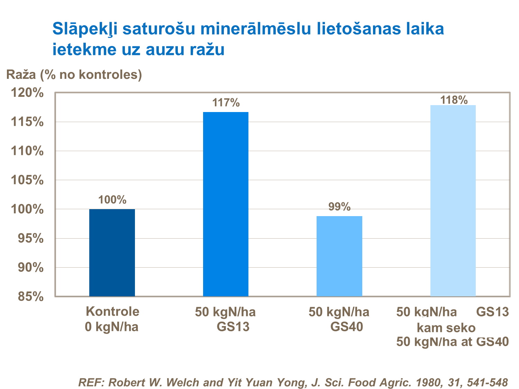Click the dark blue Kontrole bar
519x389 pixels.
click(112, 252)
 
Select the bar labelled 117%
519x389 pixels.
click(226, 204)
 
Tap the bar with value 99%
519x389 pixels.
click(339, 256)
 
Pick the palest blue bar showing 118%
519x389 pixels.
click(453, 201)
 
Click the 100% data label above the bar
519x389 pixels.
click(112, 200)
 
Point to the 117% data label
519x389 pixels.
click(226, 103)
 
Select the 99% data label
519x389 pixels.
click(339, 207)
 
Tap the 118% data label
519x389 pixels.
click(454, 100)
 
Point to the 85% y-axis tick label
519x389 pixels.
click(30, 297)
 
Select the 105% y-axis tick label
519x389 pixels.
click(27, 180)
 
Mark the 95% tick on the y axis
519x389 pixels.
click(30, 238)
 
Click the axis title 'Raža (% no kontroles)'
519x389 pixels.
click(74, 74)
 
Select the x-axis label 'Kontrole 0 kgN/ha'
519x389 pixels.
click(112, 319)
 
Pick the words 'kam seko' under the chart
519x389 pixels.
click(446, 327)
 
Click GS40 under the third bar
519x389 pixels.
click(346, 327)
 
